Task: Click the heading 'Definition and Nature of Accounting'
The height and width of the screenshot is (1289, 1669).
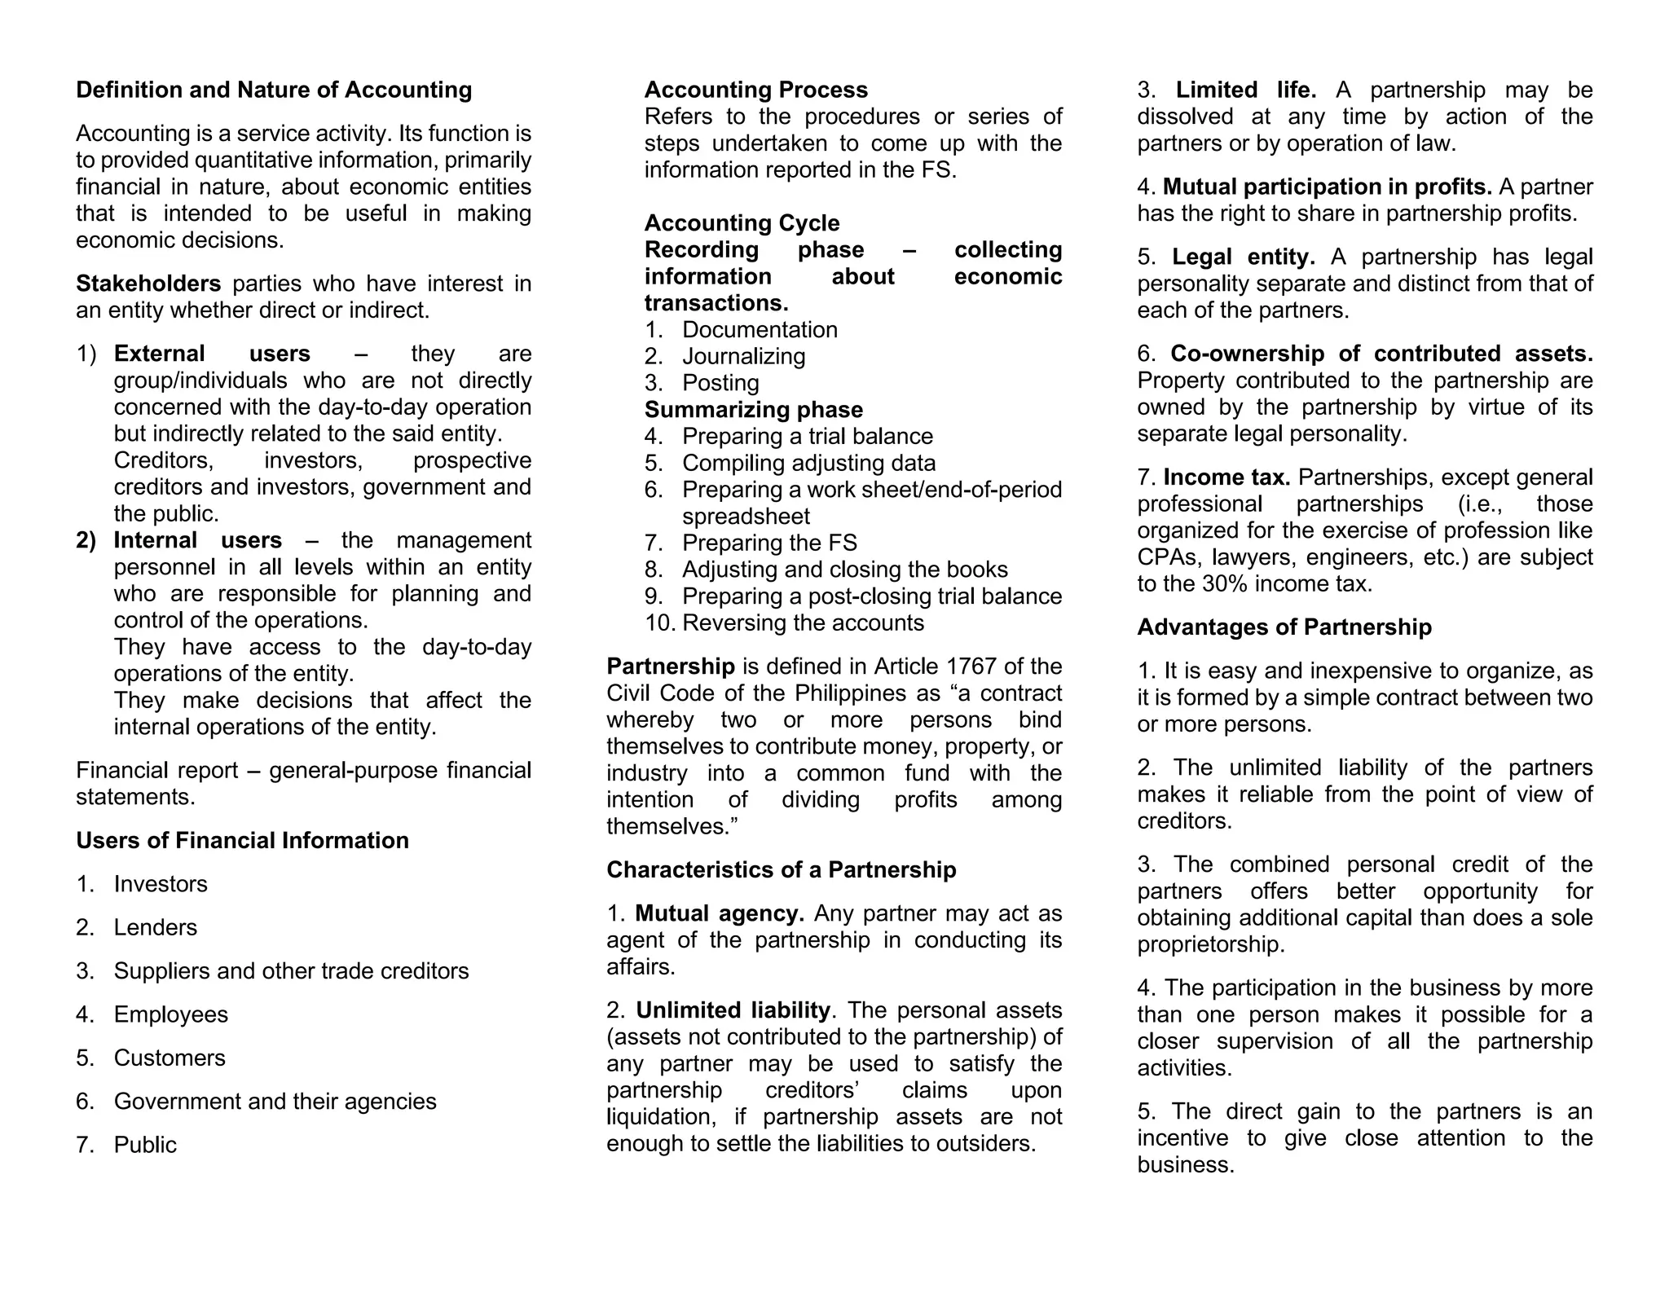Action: [274, 90]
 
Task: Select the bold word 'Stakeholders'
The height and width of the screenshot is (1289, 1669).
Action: [148, 284]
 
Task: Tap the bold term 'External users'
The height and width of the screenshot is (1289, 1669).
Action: [212, 354]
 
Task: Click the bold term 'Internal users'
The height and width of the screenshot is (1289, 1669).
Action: [197, 540]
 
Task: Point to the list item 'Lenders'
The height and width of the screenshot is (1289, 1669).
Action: [155, 927]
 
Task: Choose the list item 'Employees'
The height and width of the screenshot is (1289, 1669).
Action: [170, 1014]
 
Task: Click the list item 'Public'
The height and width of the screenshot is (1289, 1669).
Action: [145, 1145]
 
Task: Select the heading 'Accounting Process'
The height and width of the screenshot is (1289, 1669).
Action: [755, 90]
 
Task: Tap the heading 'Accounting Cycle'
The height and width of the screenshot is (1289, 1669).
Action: [742, 223]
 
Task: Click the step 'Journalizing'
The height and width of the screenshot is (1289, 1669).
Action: [743, 356]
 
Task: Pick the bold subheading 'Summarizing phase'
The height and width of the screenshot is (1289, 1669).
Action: [753, 410]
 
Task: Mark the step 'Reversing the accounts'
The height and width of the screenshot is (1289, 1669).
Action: [803, 623]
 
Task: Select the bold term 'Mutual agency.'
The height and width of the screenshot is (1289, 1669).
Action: [720, 913]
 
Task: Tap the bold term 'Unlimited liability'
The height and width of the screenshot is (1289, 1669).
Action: [733, 1010]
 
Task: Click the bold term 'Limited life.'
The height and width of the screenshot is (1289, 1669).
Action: [1245, 90]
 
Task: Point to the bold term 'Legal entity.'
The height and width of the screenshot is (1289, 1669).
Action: [1243, 257]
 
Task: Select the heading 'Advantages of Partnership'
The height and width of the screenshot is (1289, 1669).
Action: [1284, 627]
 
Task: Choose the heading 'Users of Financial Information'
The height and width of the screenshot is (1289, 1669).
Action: [242, 841]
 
